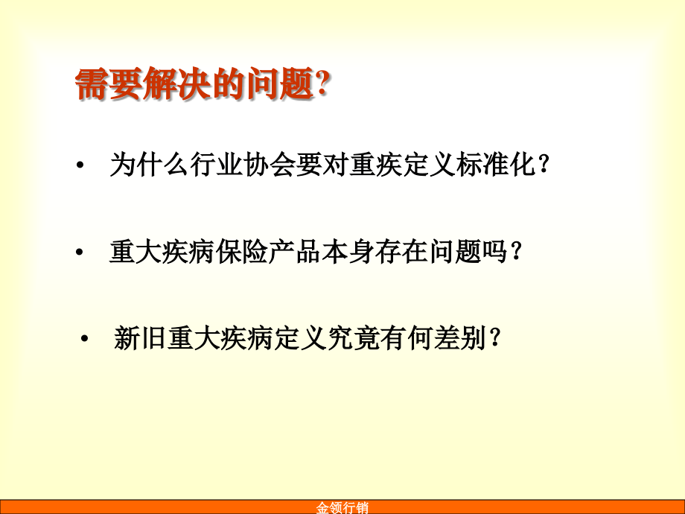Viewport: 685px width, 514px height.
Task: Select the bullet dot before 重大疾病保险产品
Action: [x=80, y=253]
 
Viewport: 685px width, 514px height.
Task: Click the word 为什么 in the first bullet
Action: [x=146, y=165]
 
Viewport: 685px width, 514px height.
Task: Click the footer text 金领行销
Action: [x=342, y=508]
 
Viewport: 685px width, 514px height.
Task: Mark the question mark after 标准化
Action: [x=544, y=166]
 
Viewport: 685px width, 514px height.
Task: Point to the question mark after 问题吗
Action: [x=514, y=253]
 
